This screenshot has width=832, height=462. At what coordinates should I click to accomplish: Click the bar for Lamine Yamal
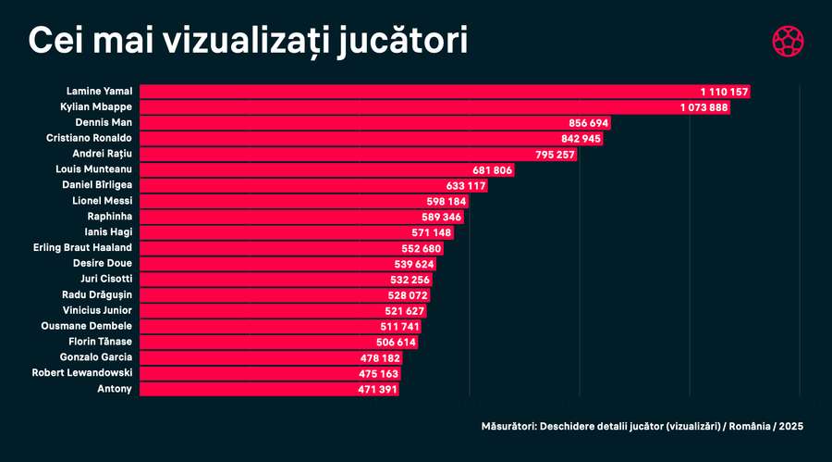[444, 92]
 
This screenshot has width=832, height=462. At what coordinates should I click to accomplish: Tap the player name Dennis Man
[103, 123]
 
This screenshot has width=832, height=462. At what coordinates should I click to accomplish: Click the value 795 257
[554, 155]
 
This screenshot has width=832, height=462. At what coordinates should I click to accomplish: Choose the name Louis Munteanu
[94, 170]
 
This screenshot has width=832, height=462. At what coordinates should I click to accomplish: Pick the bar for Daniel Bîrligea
[314, 186]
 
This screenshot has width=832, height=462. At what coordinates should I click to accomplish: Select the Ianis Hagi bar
[296, 232]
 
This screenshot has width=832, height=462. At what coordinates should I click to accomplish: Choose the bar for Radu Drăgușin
[277, 295]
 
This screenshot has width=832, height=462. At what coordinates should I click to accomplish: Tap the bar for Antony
[268, 390]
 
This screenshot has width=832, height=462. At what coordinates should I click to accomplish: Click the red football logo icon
[788, 42]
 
